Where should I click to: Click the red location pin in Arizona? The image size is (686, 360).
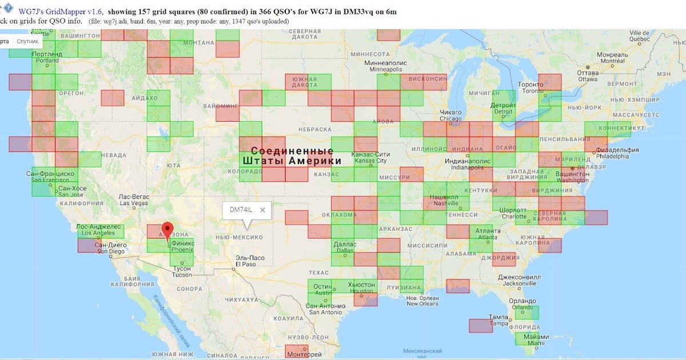(167, 230)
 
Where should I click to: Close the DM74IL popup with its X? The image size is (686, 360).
(262, 210)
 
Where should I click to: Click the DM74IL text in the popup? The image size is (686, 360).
(241, 210)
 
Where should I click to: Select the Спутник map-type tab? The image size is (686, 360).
(27, 42)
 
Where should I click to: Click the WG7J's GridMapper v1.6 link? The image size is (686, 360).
(60, 11)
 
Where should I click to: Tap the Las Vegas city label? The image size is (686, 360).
(133, 200)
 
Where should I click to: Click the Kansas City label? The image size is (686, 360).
(372, 158)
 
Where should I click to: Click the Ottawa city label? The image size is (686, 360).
(588, 76)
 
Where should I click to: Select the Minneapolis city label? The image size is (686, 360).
(386, 66)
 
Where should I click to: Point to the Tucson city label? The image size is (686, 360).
(183, 271)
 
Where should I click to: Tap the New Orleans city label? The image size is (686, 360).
(422, 301)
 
